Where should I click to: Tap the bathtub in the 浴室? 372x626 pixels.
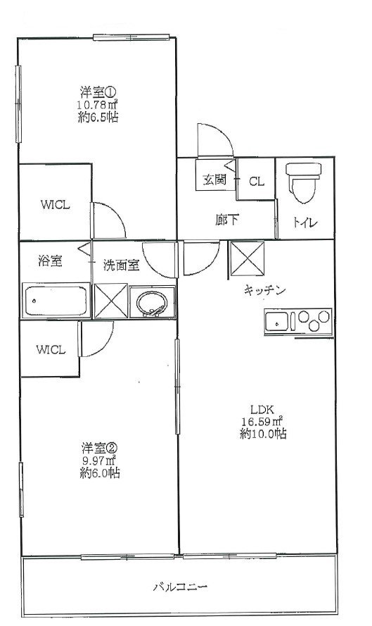[x=56, y=300]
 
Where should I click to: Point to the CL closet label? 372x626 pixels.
[x=257, y=181]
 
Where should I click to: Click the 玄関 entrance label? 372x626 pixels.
[x=214, y=180]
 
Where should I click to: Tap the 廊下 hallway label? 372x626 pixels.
[x=227, y=219]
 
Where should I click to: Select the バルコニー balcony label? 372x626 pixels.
[x=180, y=587]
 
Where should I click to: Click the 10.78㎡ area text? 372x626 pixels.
[x=97, y=105]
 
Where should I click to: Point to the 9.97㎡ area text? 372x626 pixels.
[x=99, y=461]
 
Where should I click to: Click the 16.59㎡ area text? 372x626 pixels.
[x=262, y=421]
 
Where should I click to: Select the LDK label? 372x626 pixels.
[x=262, y=409]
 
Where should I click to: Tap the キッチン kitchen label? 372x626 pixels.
[x=264, y=290]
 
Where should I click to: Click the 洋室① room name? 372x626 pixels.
[x=96, y=93]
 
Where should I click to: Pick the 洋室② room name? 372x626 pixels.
[x=99, y=448]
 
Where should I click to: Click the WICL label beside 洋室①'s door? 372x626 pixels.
[x=55, y=205]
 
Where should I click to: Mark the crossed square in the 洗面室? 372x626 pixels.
[x=111, y=301]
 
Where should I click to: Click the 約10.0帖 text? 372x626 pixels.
[x=263, y=434]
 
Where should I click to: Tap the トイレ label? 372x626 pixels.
[x=305, y=222]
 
